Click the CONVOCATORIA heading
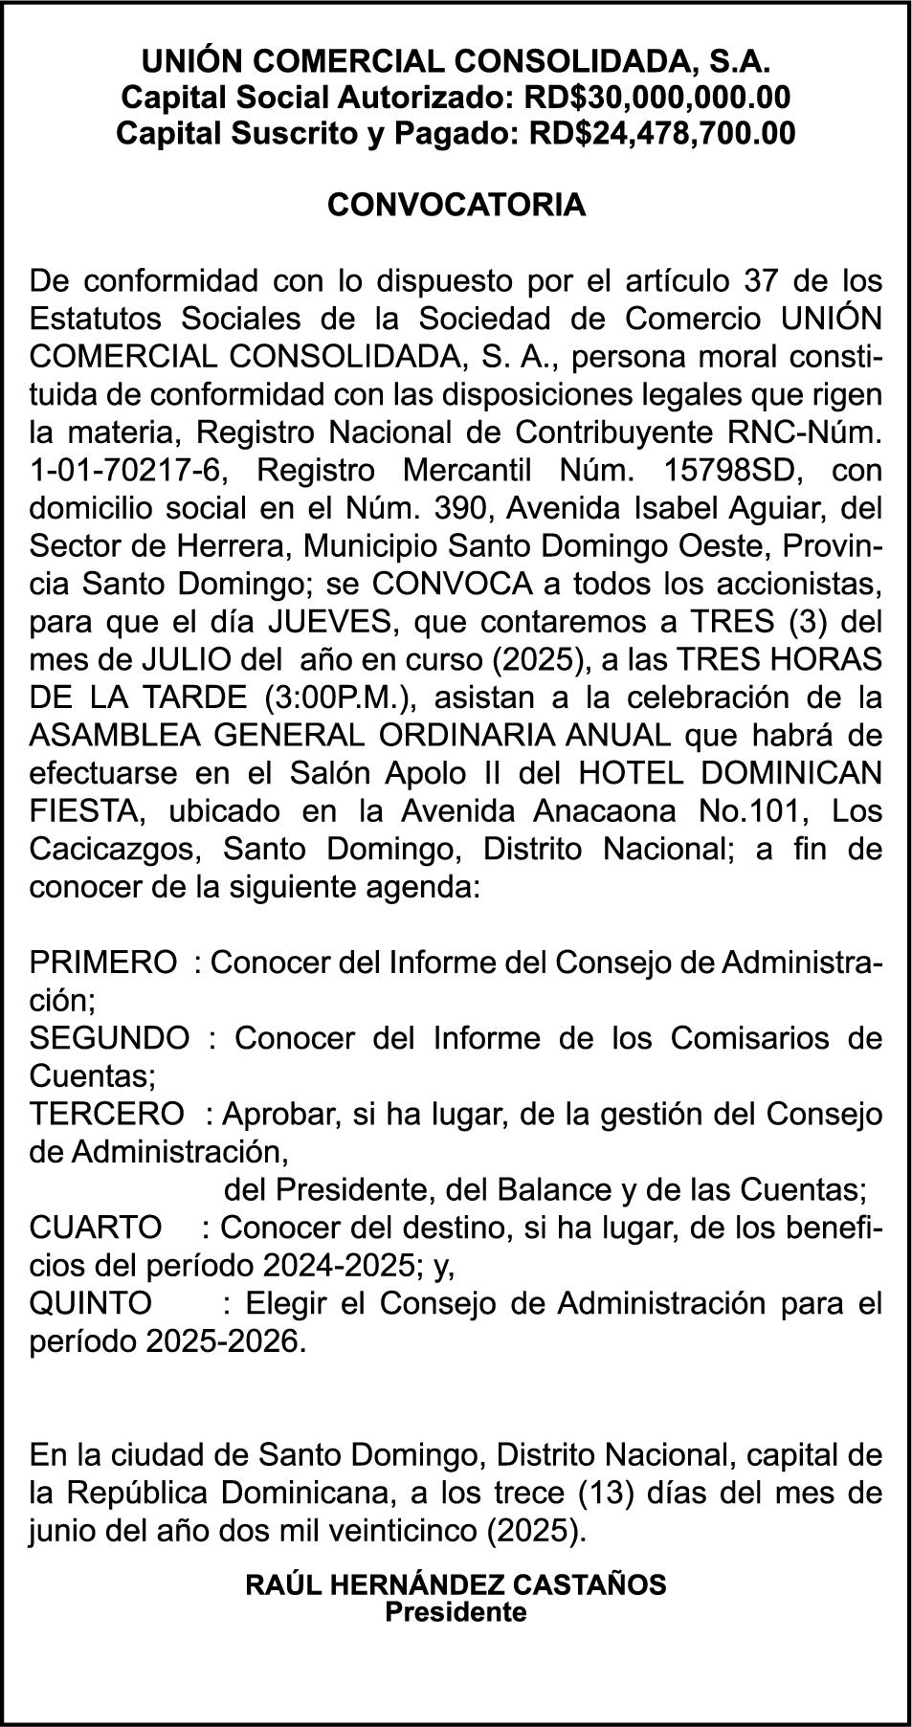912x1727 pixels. [x=456, y=206]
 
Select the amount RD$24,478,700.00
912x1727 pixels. [x=661, y=133]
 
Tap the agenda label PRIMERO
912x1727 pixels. [x=103, y=962]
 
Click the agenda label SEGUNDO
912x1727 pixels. [x=110, y=1037]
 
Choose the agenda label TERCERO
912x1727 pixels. [x=106, y=1114]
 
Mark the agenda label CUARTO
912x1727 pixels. [x=96, y=1227]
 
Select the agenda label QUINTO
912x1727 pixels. [x=91, y=1302]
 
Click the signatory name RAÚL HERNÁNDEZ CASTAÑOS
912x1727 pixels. [x=456, y=1584]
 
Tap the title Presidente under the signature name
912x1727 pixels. [x=456, y=1611]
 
